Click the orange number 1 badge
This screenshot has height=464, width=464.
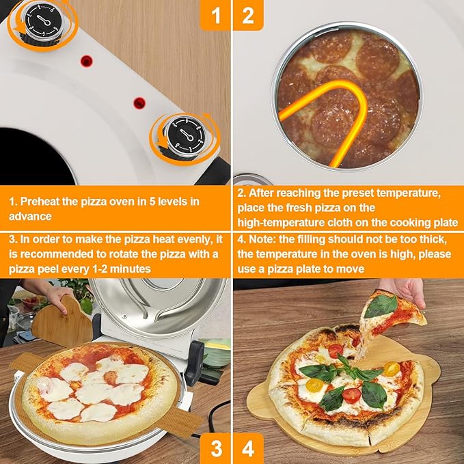click(215, 15)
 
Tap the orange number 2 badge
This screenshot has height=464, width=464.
click(248, 15)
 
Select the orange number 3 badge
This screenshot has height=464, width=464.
click(215, 448)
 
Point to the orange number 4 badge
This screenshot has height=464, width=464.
click(248, 448)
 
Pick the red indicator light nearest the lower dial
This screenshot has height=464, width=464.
click(140, 103)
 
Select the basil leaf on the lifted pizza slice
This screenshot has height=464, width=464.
click(381, 305)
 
